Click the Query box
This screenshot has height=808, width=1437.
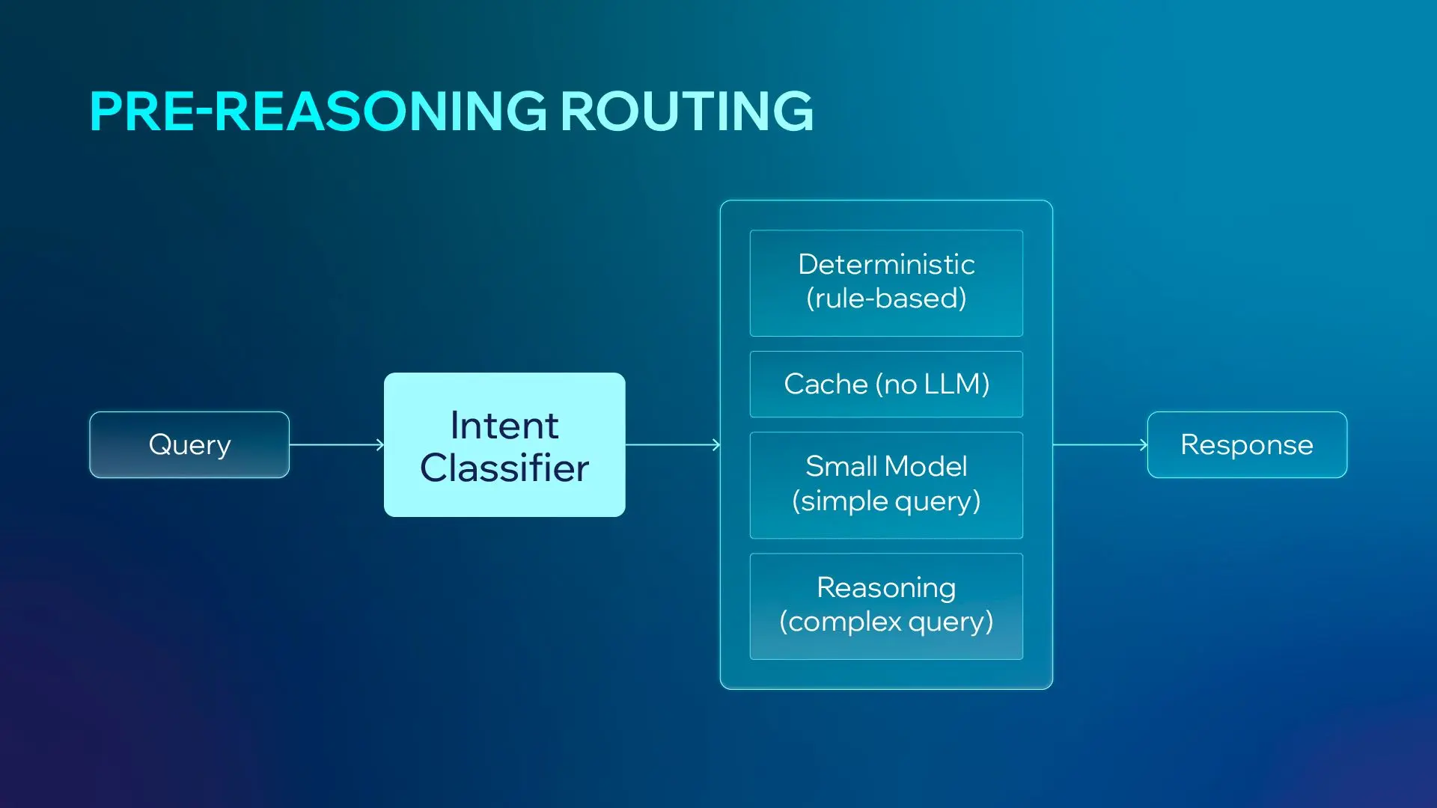click(189, 444)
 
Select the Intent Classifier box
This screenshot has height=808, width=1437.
click(504, 444)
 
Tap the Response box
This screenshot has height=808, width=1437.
click(1247, 444)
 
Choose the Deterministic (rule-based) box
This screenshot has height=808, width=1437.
click(886, 282)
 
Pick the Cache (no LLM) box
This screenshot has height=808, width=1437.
click(886, 384)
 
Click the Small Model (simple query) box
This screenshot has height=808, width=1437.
click(886, 484)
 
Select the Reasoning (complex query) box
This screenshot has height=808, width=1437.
click(886, 605)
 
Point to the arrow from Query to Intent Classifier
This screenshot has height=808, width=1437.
click(337, 445)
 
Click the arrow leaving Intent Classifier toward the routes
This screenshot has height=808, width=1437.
click(672, 445)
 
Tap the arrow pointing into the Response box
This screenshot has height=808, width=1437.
click(1099, 445)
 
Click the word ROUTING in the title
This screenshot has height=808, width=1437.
click(686, 111)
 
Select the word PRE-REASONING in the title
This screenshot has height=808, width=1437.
click(318, 111)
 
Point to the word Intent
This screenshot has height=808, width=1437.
click(504, 426)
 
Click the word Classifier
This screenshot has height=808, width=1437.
click(504, 468)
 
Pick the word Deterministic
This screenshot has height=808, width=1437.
click(886, 264)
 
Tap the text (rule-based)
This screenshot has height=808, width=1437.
click(886, 299)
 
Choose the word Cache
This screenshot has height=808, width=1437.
click(826, 385)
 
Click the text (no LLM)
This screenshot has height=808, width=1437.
click(933, 385)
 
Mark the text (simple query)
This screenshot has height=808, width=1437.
click(886, 501)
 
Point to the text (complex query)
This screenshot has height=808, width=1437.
click(886, 622)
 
